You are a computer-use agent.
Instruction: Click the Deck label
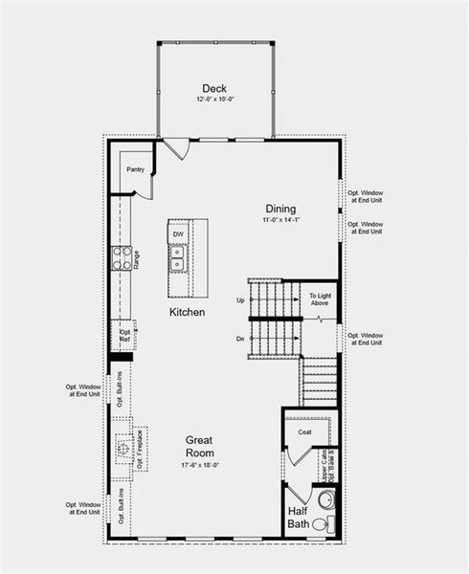pos(213,89)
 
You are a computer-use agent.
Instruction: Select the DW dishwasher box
pos(178,233)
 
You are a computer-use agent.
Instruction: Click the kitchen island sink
pos(178,255)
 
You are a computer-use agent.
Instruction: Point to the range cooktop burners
pos(123,257)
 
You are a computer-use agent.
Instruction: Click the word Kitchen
pos(187,313)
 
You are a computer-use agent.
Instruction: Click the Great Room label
pos(200,447)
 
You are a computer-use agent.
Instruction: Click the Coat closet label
pos(304,431)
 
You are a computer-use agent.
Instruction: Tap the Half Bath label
pos(299,518)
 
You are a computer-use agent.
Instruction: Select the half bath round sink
pos(325,499)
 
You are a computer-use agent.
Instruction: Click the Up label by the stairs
pos(240,300)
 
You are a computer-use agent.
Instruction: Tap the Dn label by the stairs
pos(240,339)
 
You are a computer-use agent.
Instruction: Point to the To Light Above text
pos(320,299)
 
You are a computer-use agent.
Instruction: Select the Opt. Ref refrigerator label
pos(124,336)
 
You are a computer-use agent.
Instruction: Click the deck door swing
pos(175,149)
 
